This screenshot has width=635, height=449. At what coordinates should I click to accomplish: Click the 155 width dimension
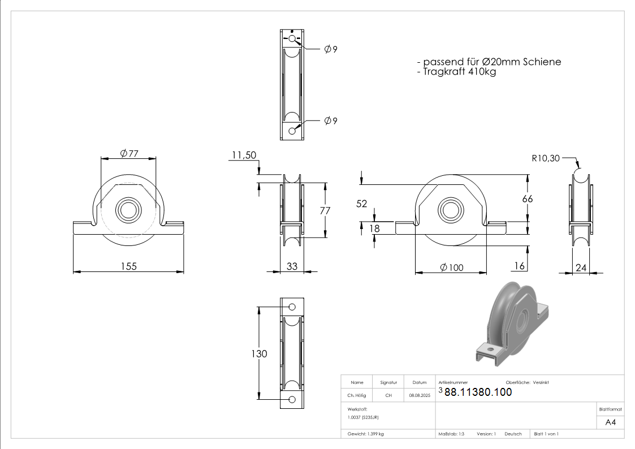pyautogui.click(x=129, y=266)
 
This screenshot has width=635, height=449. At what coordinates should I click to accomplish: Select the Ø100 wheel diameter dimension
pyautogui.click(x=452, y=267)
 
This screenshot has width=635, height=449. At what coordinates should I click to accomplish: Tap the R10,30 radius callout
pyautogui.click(x=546, y=158)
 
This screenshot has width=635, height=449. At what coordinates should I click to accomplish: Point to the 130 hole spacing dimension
pyautogui.click(x=259, y=354)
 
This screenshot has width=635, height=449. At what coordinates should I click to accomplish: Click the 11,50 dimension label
pyautogui.click(x=244, y=155)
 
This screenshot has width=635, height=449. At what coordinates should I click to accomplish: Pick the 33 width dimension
pyautogui.click(x=292, y=266)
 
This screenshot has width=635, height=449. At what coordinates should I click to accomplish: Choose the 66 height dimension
pyautogui.click(x=527, y=199)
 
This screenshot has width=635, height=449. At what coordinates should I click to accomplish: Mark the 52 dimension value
pyautogui.click(x=362, y=204)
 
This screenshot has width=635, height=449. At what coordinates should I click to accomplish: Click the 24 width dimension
pyautogui.click(x=581, y=267)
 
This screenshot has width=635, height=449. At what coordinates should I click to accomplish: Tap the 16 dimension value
pyautogui.click(x=520, y=266)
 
